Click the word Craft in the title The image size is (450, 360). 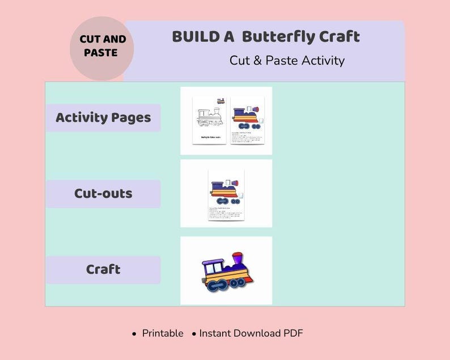tap(339, 37)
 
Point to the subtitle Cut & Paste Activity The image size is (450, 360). tap(287, 60)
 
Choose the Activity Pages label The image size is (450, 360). tap(103, 118)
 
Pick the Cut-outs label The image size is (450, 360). tap(103, 193)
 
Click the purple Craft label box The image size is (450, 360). tap(103, 269)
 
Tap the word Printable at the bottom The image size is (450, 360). tap(163, 333)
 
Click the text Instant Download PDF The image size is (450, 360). tap(251, 333)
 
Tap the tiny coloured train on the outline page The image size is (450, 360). tap(220, 100)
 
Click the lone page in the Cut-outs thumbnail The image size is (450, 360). tap(226, 194)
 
